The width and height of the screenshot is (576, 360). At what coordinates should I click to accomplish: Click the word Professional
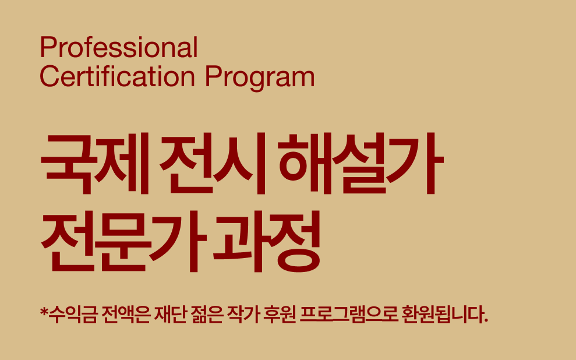coord(119,48)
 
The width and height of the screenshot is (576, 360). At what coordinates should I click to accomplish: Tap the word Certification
coord(116,76)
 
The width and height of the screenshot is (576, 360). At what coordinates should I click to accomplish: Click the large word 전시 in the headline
coord(217,165)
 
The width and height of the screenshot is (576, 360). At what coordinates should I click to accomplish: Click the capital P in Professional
coord(47,48)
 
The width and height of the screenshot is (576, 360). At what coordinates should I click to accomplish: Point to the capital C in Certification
coord(49,76)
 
